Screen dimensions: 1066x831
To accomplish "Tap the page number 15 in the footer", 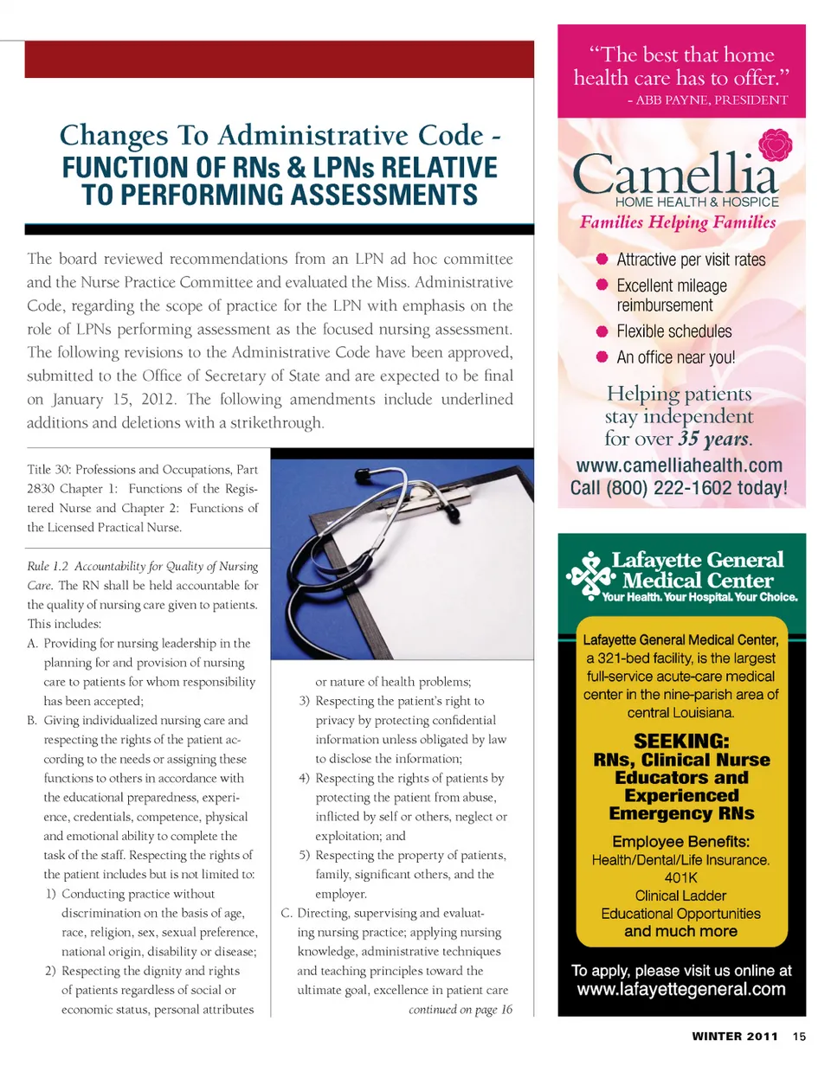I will click(x=798, y=1037).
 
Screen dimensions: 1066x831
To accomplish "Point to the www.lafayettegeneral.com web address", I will click(x=681, y=990).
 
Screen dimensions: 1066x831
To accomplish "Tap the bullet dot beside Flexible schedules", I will click(x=603, y=331).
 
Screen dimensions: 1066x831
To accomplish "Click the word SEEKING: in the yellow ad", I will click(x=681, y=742).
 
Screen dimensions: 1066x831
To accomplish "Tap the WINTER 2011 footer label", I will click(x=736, y=1037).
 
